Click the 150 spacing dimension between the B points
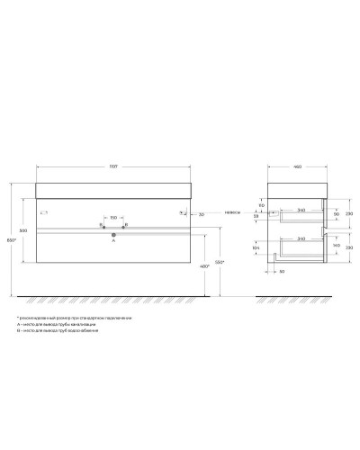click(x=113, y=217)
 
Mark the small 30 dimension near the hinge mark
click(x=202, y=215)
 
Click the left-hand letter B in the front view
click(x=102, y=224)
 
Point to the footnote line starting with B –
click(x=58, y=332)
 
